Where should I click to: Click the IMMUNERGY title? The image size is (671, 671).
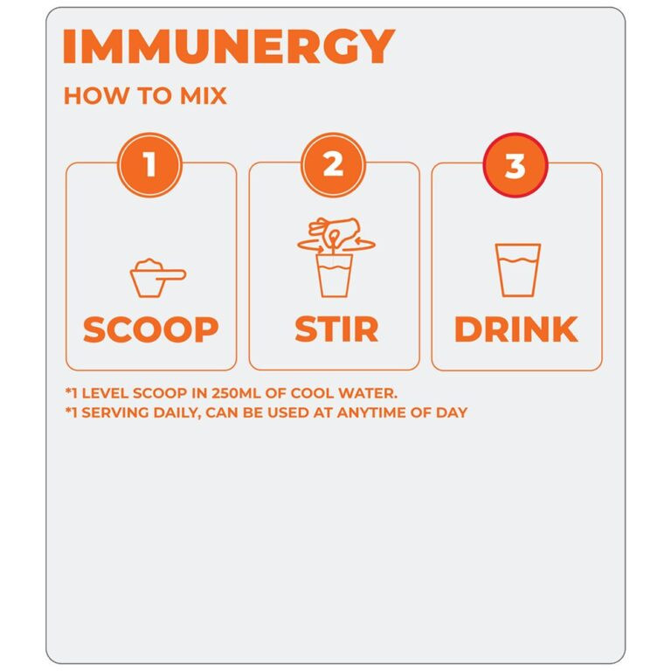click(229, 46)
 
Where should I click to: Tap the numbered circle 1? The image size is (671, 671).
click(149, 165)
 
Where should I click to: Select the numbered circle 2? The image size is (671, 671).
click(334, 165)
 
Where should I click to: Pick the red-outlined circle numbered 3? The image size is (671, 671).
click(515, 165)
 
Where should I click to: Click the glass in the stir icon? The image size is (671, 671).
click(335, 275)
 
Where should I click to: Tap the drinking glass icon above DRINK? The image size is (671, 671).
click(518, 270)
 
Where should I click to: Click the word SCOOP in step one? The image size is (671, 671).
click(150, 329)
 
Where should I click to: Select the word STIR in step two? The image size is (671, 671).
click(336, 329)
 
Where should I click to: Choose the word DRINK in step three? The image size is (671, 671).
click(516, 329)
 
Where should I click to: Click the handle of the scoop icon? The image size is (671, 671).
click(171, 274)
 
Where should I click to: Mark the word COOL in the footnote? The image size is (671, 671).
click(312, 393)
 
